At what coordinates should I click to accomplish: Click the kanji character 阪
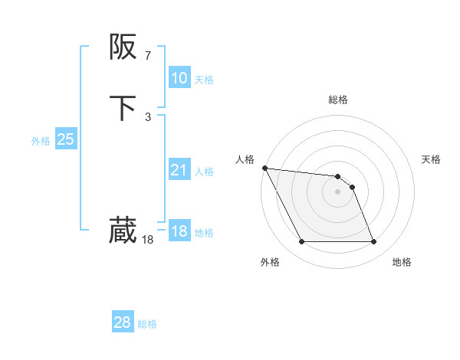pos(123,47)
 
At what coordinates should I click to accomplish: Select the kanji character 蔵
pos(123,230)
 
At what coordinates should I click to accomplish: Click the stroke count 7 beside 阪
pos(148,55)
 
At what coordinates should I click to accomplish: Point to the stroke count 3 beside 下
pos(148,116)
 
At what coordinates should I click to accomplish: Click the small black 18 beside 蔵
pos(148,240)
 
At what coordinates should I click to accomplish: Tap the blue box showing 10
pos(179,78)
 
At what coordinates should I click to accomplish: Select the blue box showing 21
pos(179,170)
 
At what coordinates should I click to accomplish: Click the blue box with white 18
pos(179,231)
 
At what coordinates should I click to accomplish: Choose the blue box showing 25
pos(66,139)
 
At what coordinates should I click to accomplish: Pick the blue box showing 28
pos(123,322)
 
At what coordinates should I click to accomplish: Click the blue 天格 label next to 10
pos(204,80)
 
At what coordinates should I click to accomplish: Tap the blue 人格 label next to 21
pos(204,172)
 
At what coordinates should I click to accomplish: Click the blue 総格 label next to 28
pos(147,324)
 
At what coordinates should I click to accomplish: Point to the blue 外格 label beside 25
pos(41,141)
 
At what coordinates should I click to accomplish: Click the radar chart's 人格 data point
pos(264,168)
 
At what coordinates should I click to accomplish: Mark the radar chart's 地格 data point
pos(373,242)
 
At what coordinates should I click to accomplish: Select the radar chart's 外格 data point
pos(301,242)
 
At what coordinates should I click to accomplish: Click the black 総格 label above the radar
pos(337,100)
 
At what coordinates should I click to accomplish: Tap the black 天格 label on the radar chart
pos(431,159)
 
